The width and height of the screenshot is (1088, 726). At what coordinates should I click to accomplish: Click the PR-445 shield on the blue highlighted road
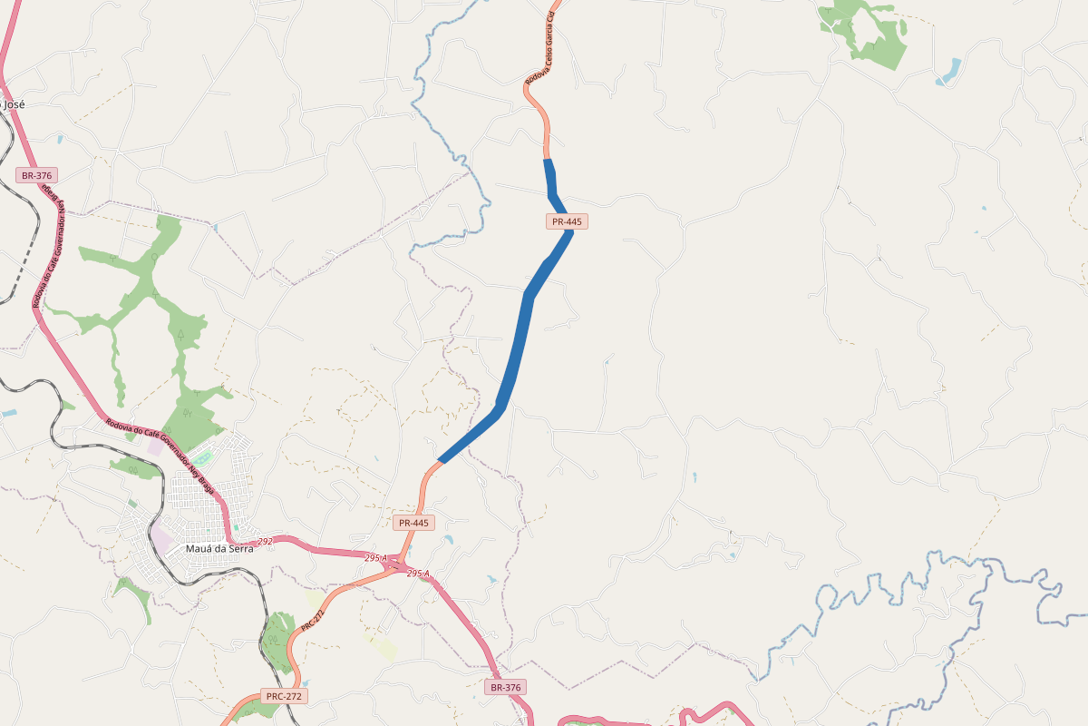coord(568,221)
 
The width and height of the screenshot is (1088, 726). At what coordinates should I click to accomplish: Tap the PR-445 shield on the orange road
coord(414,523)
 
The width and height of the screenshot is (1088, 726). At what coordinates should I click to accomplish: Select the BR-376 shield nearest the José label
coord(37,174)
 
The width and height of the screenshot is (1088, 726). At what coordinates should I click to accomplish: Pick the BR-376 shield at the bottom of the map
coord(506,687)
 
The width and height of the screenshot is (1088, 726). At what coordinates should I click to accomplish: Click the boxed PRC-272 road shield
coord(284,696)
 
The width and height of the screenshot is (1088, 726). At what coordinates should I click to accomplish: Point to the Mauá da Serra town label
coord(219,548)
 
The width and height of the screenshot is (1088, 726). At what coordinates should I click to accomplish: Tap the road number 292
coord(265,542)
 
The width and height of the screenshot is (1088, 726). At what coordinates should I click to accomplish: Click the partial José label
coord(13,104)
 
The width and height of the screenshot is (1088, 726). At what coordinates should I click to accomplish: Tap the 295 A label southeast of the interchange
coord(418,574)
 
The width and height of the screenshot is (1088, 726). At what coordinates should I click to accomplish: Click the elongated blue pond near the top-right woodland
coord(948,72)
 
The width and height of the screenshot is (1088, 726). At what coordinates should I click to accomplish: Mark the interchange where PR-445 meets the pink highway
coord(396,565)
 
